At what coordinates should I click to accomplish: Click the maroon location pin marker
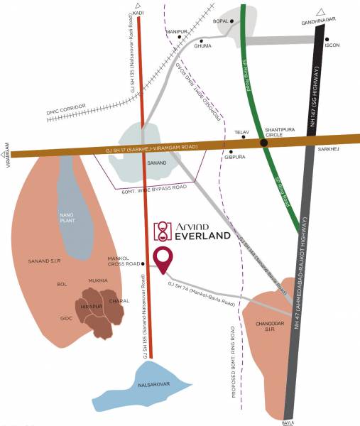[x=165, y=261]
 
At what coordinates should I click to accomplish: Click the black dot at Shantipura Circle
[x=263, y=143]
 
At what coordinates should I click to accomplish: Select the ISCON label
[x=332, y=45]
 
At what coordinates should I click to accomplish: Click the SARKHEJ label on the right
[x=330, y=151]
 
